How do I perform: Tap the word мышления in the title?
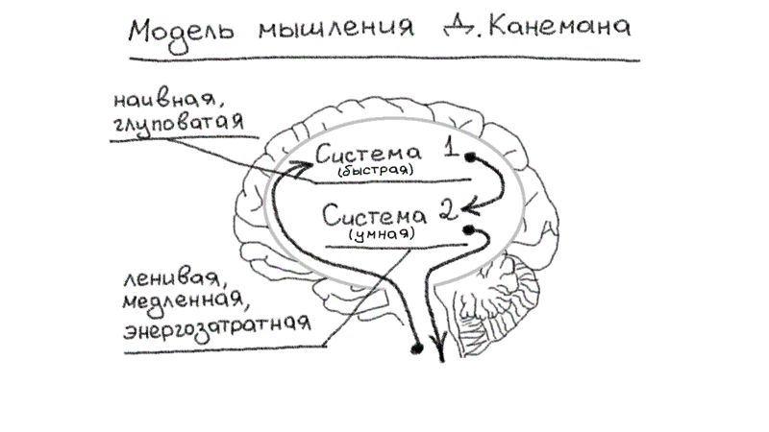(x=327, y=32)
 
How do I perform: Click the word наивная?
(x=156, y=100)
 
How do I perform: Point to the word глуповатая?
(x=177, y=125)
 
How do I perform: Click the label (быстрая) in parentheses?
(x=375, y=170)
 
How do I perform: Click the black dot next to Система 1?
(x=469, y=156)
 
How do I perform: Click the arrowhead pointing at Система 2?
(x=470, y=205)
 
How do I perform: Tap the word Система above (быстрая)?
(x=368, y=154)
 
